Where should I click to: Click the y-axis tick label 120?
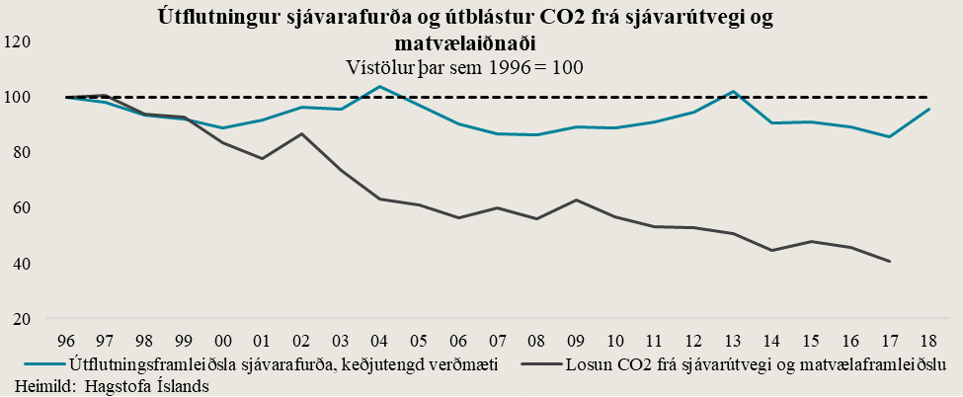tap(19, 41)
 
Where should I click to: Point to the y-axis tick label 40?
tap(22, 264)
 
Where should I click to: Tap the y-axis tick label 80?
tap(22, 152)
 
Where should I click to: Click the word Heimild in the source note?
tap(35, 385)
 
